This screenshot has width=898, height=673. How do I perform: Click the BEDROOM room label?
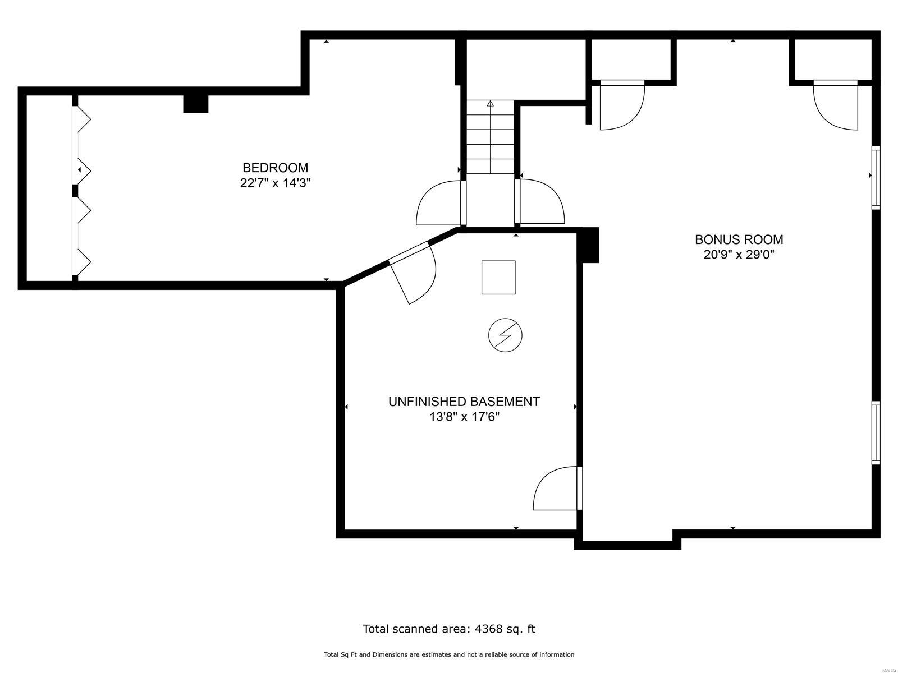pos(275,168)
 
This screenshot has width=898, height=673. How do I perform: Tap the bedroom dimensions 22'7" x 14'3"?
pos(275,183)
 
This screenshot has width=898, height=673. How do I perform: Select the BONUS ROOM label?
pos(739,239)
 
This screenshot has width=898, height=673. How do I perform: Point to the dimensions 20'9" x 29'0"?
pos(739,255)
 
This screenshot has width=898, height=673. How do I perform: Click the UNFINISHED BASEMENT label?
pos(464,402)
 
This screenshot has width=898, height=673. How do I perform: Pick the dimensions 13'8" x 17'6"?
pos(464,417)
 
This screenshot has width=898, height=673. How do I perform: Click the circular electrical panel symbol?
pos(505,335)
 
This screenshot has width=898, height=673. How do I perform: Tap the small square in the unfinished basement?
pos(498,278)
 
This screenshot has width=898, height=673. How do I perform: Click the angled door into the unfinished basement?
pos(413,272)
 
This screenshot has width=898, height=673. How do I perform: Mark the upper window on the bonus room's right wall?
pos(876,177)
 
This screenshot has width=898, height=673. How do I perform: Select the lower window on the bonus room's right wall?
pos(876,433)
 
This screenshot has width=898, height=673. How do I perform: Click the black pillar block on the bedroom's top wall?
pos(195,104)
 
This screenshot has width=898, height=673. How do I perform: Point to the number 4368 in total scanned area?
pos(488,629)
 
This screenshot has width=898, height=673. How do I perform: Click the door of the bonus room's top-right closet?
pos(835,105)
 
